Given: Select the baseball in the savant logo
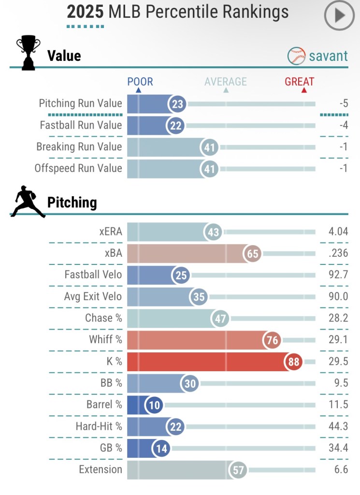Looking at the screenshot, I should (x=296, y=56).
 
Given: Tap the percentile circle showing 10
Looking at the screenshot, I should (x=155, y=405).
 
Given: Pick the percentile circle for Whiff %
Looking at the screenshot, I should (x=273, y=340).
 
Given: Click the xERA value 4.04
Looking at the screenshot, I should (x=338, y=232).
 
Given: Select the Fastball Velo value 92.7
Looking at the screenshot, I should (x=338, y=275).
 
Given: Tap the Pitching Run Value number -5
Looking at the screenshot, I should (x=344, y=103).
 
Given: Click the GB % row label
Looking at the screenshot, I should (x=108, y=448).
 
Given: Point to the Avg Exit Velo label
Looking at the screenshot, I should (x=93, y=296).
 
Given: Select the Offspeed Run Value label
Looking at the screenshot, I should (x=78, y=168).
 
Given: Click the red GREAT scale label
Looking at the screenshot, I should (x=299, y=82).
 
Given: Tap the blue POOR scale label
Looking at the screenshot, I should (x=140, y=82).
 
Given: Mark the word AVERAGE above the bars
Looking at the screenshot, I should (x=225, y=82).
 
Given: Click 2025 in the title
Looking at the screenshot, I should (x=85, y=12).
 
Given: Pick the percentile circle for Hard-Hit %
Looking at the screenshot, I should (x=175, y=427).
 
